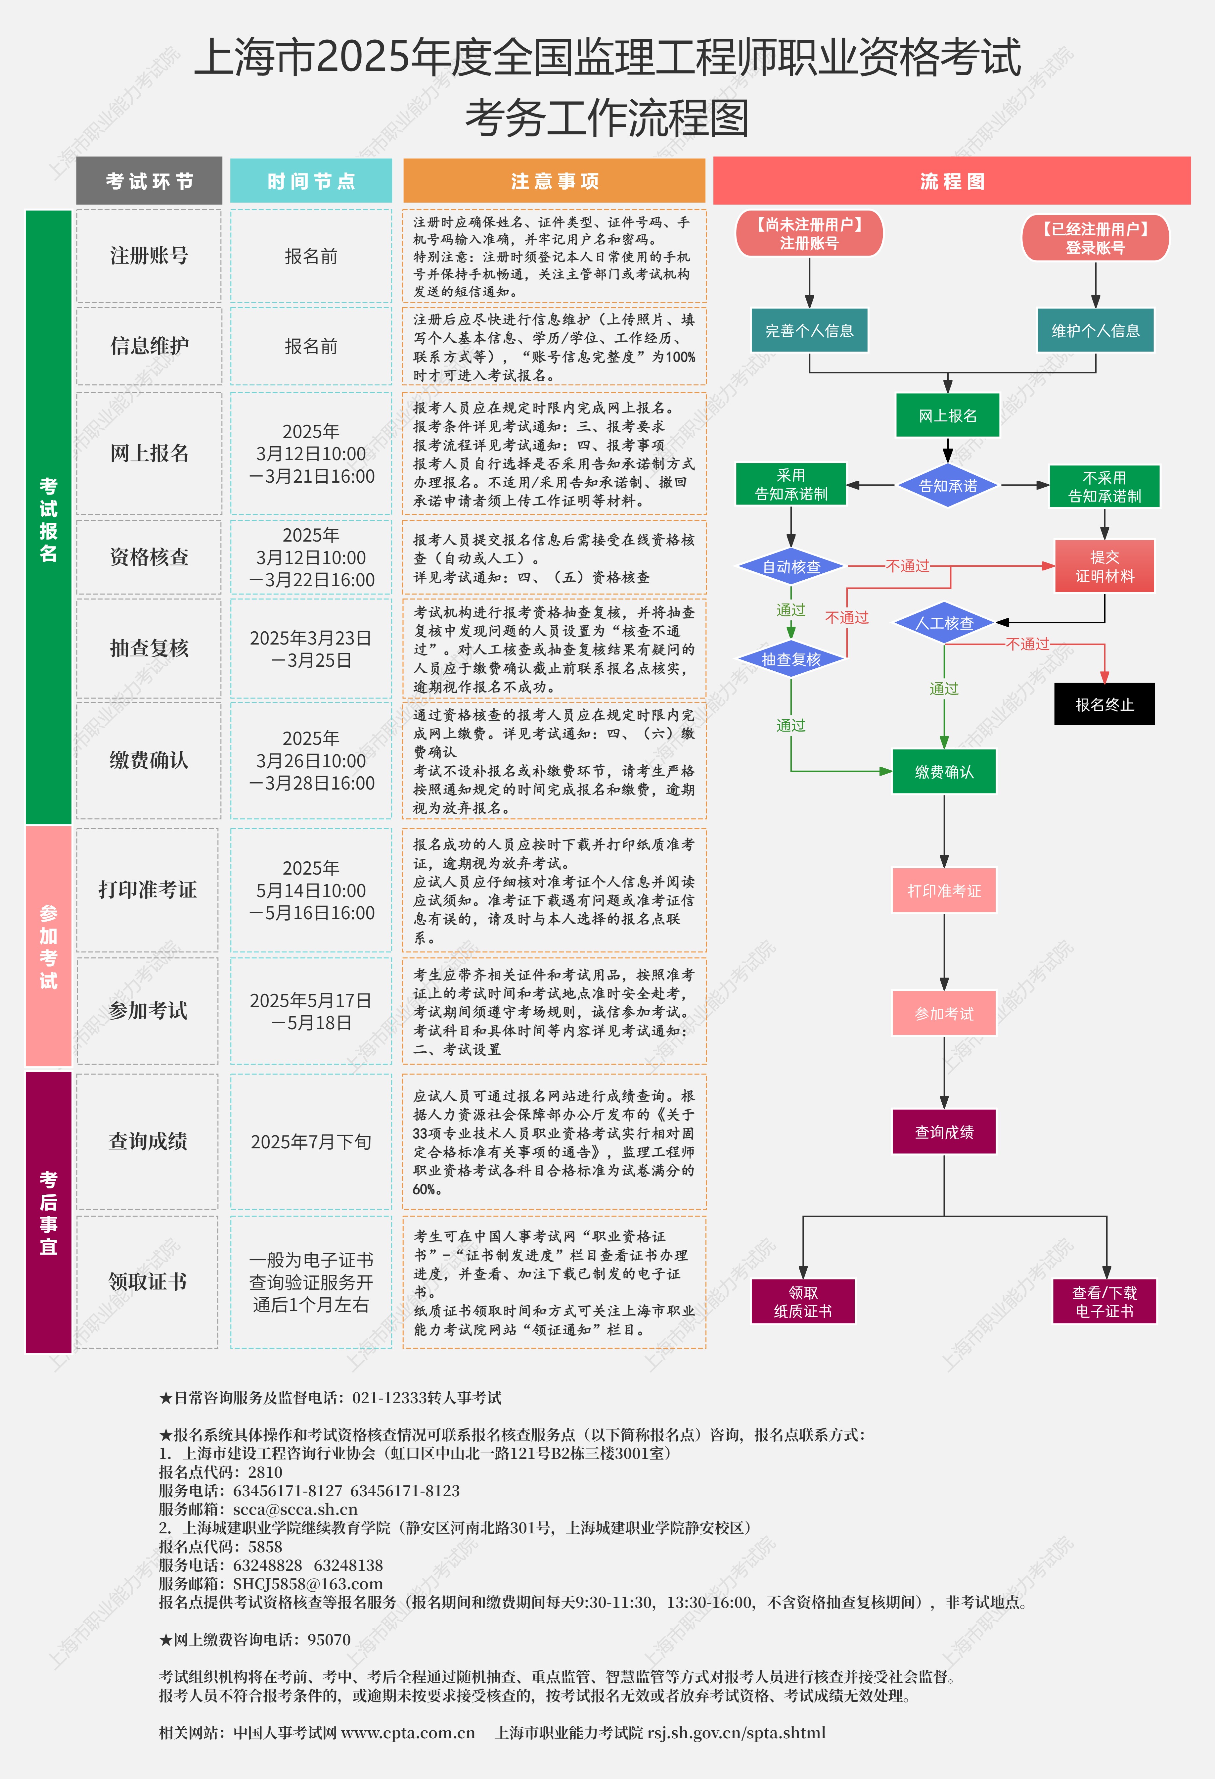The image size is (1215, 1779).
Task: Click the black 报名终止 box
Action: (x=1104, y=704)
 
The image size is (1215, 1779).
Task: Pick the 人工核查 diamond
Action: (x=944, y=623)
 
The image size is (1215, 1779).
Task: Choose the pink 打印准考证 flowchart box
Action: (x=944, y=890)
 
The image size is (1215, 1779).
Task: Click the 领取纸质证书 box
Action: (x=803, y=1301)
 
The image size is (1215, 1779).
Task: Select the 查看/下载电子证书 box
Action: (x=1104, y=1301)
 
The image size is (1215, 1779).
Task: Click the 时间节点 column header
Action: (x=311, y=181)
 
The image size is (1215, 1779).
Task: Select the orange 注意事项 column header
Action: (x=554, y=181)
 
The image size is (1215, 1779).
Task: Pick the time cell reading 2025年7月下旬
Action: (x=311, y=1141)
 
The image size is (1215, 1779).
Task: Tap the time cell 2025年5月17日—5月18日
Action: (x=311, y=1011)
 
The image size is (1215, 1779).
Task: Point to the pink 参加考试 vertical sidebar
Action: (x=48, y=946)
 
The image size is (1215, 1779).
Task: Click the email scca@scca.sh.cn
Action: (x=295, y=1509)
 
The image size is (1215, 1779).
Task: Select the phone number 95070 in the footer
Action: (x=329, y=1639)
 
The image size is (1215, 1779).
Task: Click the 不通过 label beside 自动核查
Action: (x=907, y=566)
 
